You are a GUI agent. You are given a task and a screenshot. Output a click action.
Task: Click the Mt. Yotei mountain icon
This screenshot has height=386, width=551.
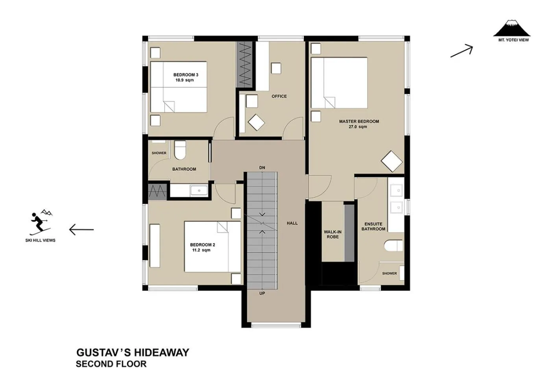click(511, 28)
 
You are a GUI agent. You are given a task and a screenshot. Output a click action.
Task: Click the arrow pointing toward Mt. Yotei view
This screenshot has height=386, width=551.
click(461, 51)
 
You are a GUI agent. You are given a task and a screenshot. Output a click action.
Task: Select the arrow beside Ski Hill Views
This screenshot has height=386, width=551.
click(81, 229)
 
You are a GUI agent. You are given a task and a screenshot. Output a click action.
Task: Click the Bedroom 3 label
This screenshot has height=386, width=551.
click(185, 77)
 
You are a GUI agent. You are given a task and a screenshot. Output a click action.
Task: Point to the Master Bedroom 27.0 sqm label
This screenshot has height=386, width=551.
click(359, 124)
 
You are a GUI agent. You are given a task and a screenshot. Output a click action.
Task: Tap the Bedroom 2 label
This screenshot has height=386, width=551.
click(202, 247)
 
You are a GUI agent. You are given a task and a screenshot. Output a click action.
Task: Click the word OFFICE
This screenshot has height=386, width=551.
click(279, 96)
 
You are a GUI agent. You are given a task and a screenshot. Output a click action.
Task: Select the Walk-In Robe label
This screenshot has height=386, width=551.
click(333, 234)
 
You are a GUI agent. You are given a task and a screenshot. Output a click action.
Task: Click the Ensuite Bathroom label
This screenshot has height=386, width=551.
click(373, 226)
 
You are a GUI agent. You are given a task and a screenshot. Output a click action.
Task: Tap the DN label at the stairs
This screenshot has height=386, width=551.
click(262, 168)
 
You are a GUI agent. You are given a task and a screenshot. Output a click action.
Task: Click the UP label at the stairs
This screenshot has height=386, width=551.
click(262, 293)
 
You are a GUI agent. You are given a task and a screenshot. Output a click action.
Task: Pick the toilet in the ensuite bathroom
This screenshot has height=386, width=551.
click(393, 246)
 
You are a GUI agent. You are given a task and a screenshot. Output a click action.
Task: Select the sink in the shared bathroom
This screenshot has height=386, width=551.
click(199, 191)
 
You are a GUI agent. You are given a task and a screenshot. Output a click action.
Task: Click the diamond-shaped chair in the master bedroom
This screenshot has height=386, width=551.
click(392, 161)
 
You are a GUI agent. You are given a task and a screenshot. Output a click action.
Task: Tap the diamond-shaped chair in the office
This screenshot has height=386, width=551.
click(256, 123)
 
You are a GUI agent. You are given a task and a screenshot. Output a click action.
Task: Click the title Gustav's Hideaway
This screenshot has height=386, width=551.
click(133, 352)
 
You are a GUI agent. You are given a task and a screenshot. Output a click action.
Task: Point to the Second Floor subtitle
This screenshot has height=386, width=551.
click(111, 364)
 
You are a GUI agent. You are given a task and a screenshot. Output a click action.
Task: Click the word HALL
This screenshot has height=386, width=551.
click(292, 223)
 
